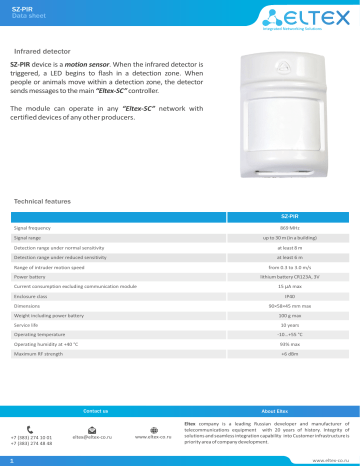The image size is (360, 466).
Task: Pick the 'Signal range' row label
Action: [28, 239]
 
